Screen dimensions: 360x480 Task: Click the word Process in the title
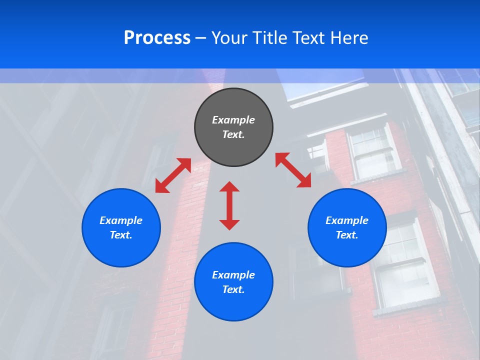tap(157, 38)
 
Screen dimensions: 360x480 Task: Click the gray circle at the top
tap(233, 127)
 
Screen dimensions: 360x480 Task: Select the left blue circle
tap(121, 227)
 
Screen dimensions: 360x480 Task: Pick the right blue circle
tap(347, 227)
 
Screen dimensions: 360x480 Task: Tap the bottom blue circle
tap(233, 282)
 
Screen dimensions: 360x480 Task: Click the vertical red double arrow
tap(229, 205)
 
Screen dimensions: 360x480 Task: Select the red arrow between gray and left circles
tap(173, 175)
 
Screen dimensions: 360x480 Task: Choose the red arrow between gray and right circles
tap(293, 170)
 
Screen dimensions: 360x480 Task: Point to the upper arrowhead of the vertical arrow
tap(229, 186)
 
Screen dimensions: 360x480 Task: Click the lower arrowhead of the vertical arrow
tap(229, 224)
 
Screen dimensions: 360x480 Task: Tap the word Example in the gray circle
tap(233, 120)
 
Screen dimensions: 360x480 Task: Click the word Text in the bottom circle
tap(233, 289)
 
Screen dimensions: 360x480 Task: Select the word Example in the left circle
tap(121, 220)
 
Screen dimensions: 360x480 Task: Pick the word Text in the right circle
tap(347, 235)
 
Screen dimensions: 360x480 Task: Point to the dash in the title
tap(200, 38)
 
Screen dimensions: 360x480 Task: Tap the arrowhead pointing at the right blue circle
tap(305, 182)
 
